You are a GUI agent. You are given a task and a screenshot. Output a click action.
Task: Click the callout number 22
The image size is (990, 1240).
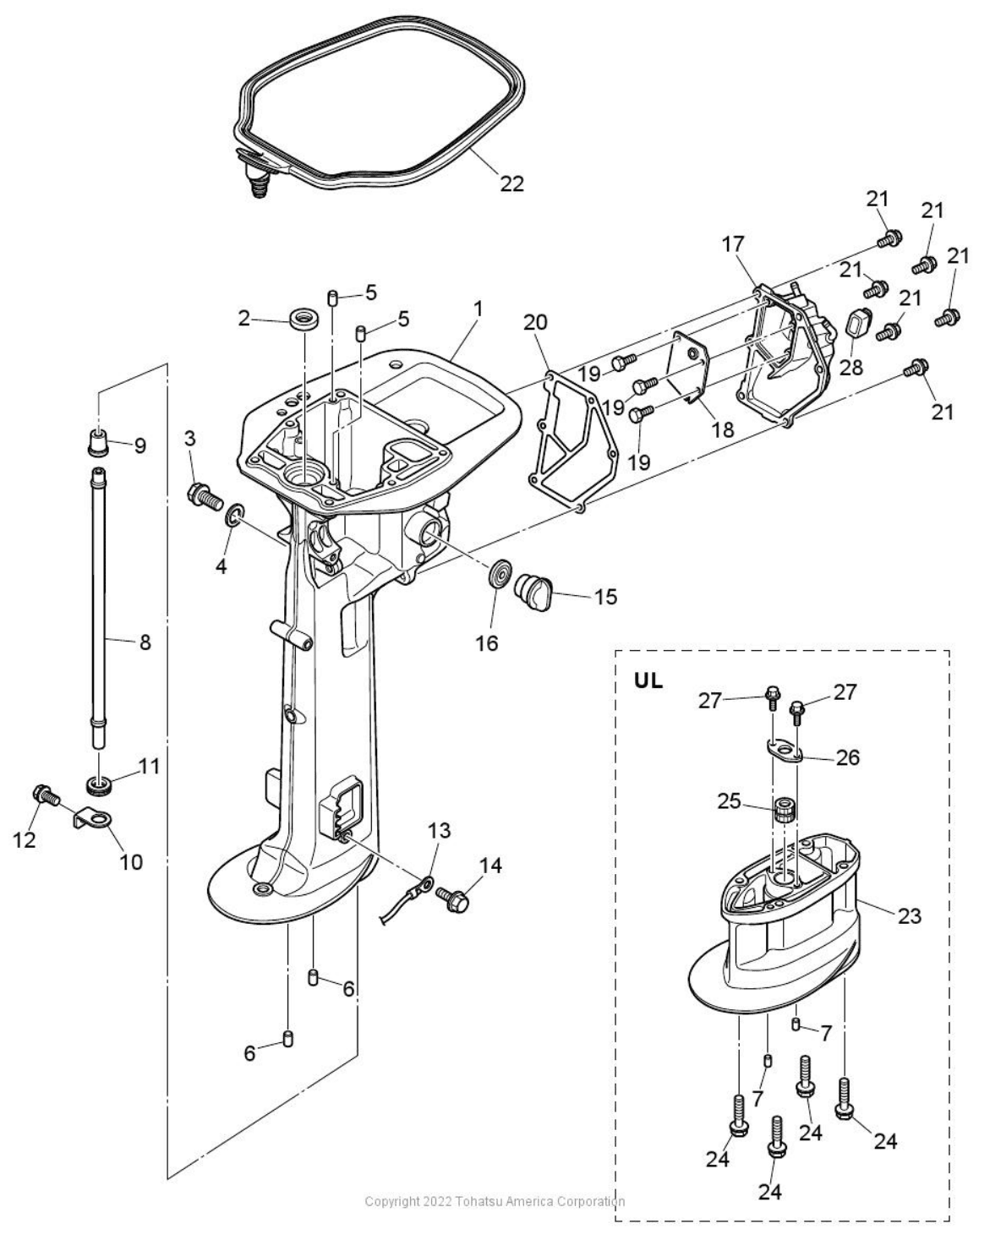tap(511, 183)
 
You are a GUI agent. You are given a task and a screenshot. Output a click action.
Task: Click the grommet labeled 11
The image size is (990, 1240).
tap(99, 786)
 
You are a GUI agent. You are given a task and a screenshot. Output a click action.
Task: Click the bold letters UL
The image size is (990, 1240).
tap(648, 681)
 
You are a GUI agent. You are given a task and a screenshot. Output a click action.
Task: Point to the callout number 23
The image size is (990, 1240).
tap(910, 915)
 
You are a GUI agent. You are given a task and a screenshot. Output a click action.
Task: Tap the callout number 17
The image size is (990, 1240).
tap(733, 244)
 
